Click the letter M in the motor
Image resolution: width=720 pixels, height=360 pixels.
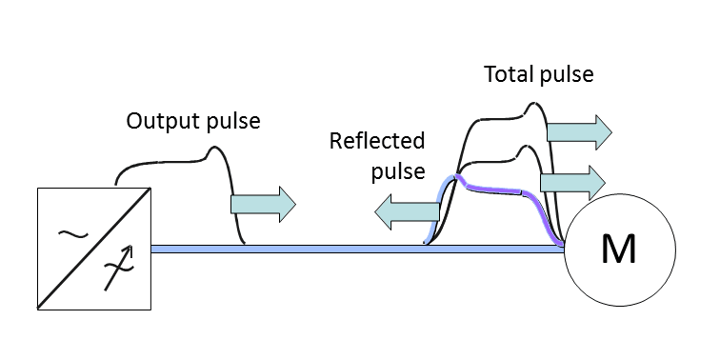618,250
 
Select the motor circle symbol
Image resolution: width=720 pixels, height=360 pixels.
619,195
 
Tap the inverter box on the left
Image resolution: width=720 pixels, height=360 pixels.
38,249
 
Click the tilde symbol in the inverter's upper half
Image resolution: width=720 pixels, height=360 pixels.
72,234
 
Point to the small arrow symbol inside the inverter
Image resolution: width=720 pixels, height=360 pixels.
118,268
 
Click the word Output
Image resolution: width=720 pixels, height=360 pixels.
163,121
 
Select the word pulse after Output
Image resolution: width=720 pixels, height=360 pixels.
233,122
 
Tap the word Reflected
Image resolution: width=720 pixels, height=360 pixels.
377,141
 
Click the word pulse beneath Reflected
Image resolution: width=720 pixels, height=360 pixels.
398,171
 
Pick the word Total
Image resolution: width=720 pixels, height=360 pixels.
508,74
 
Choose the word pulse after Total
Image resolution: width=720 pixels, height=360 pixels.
567,75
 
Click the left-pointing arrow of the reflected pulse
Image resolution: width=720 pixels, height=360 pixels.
407,212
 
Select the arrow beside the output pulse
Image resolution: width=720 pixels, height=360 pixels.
263,205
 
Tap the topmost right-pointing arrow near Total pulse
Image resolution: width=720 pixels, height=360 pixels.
579,132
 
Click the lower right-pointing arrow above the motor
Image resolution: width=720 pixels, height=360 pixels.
572,183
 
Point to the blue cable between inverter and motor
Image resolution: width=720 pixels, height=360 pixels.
357,249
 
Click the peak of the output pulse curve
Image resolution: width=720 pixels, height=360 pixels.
213,147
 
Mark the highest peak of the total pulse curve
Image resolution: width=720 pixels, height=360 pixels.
532,103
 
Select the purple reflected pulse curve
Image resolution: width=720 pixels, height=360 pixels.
496,189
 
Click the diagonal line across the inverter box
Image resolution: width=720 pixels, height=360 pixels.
94,248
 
